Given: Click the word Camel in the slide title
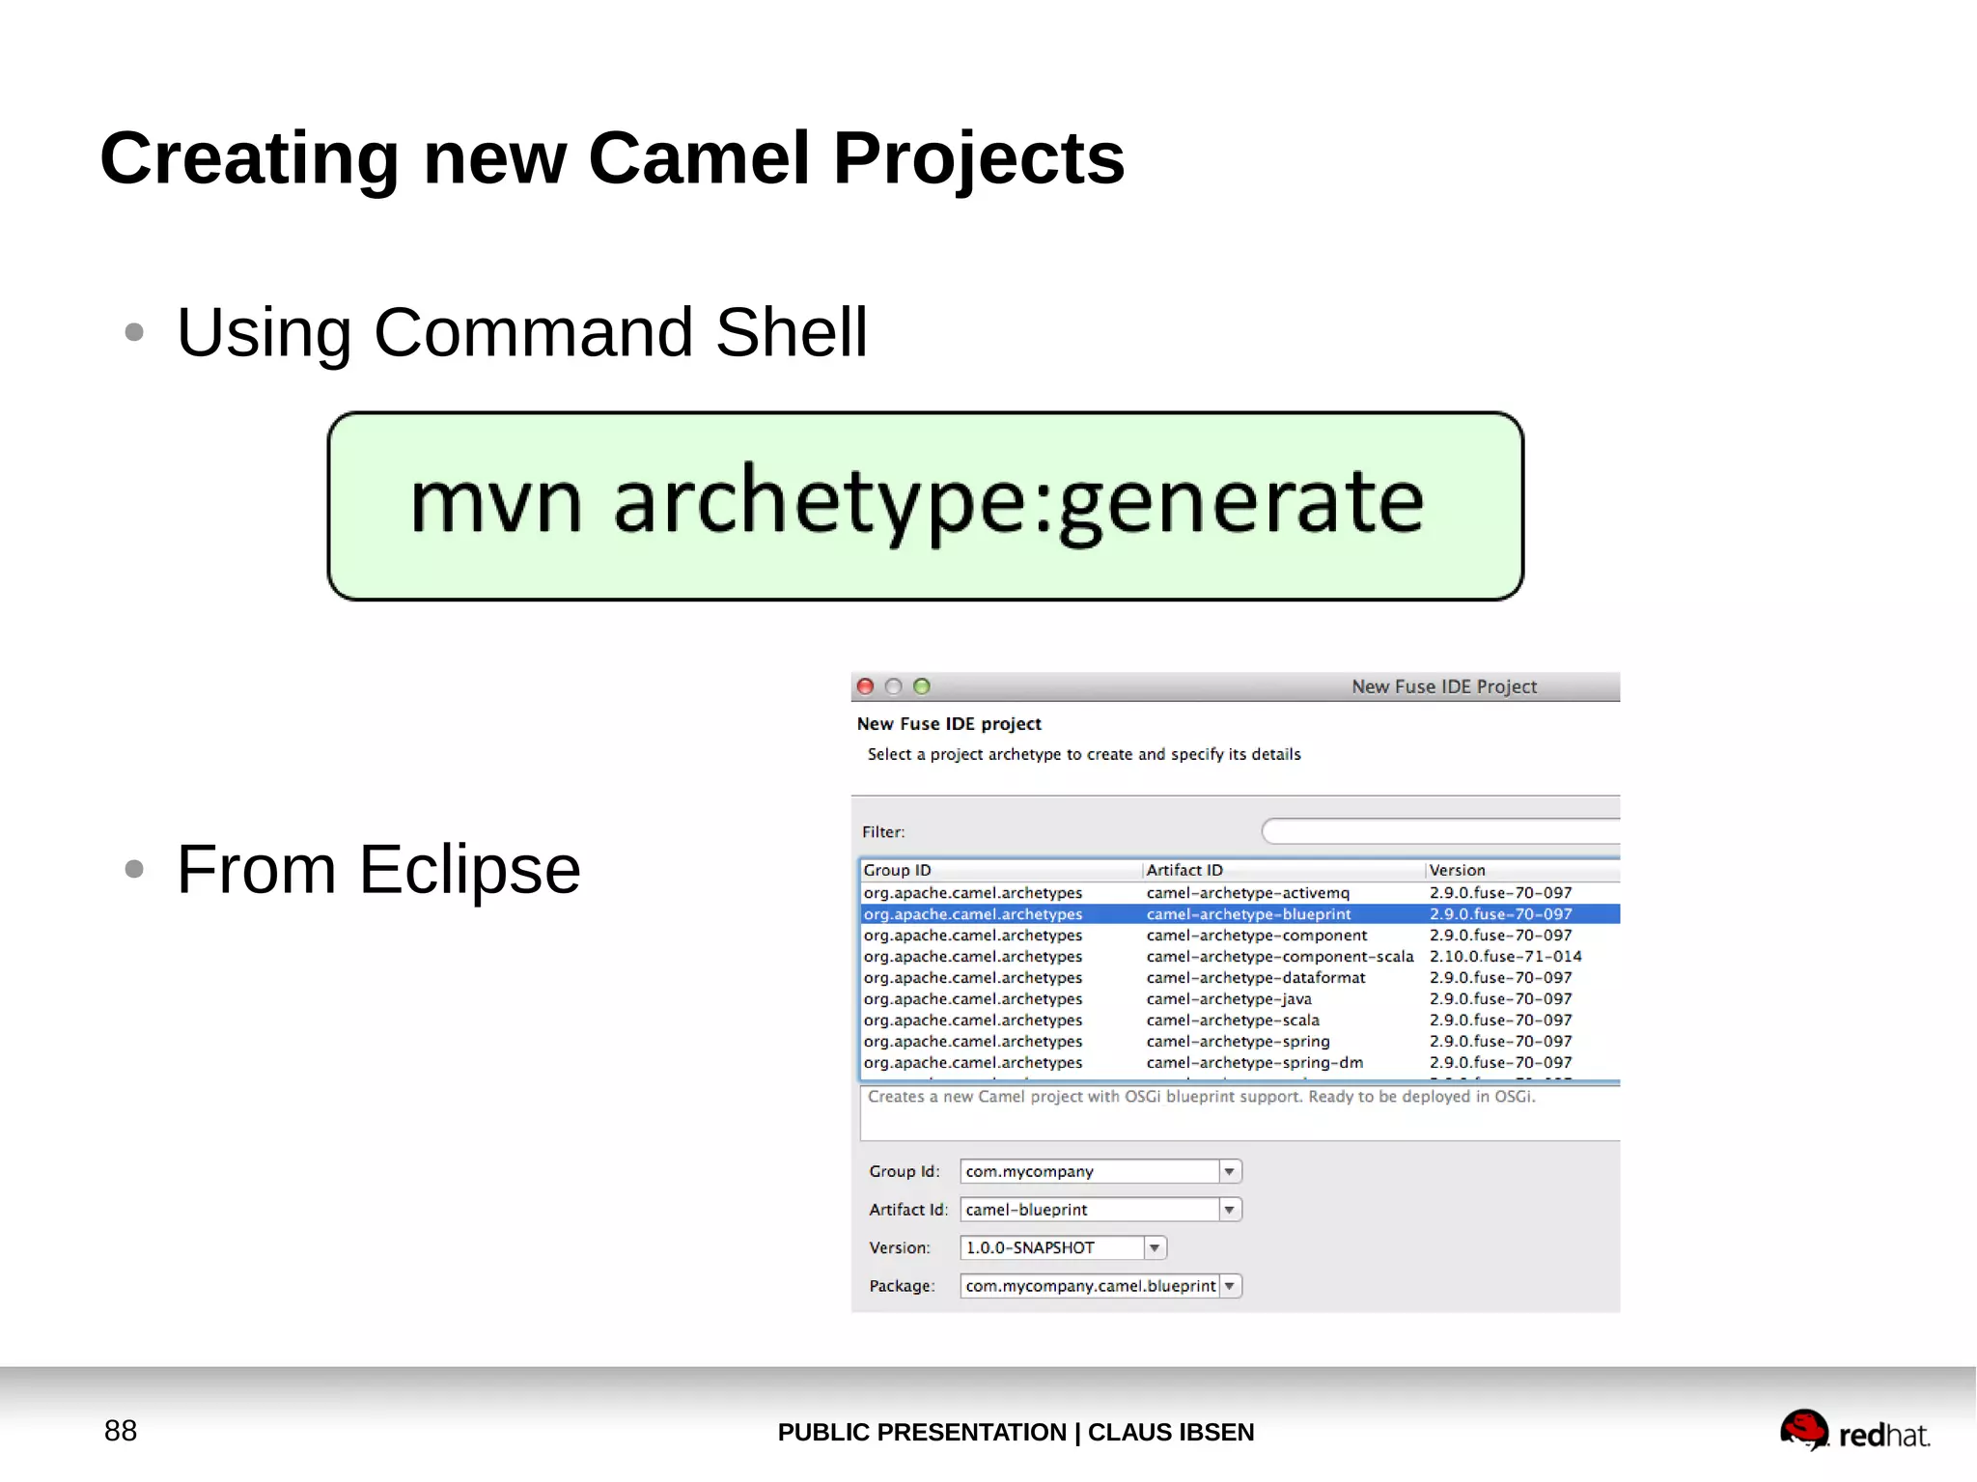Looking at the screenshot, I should pos(698,158).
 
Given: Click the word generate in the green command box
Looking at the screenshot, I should pos(1241,502).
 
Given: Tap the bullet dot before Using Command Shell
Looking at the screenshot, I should pos(134,332).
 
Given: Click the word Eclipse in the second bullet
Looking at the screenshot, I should pos(469,870).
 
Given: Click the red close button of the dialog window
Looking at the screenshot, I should pos(866,686).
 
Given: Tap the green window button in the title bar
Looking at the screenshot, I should pos(922,686).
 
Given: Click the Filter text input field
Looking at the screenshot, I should pos(1438,831).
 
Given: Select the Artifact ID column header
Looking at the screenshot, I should pos(1184,870).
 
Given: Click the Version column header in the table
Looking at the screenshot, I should pos(1457,870).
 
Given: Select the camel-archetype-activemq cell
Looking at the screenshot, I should pos(1247,893).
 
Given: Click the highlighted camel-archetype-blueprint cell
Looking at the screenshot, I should pos(1248,914).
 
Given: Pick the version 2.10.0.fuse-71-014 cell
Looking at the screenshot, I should pos(1505,957).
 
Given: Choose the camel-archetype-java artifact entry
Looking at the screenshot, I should pos(1228,999).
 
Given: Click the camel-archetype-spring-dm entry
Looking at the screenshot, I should pos(1254,1063).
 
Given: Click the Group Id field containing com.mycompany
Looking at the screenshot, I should pos(1088,1171).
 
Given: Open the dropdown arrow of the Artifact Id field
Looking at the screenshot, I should pos(1230,1210).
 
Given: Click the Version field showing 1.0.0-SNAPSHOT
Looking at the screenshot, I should pos(1052,1248).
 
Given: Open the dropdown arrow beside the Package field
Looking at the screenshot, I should pos(1230,1286).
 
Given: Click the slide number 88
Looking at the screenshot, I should pos(121,1431).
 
